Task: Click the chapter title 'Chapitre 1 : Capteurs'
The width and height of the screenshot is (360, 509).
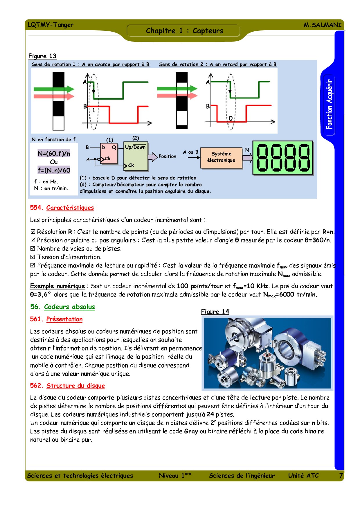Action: (x=184, y=31)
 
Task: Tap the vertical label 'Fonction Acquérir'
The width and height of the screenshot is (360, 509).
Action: (x=329, y=105)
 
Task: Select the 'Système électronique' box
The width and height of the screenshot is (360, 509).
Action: (x=221, y=157)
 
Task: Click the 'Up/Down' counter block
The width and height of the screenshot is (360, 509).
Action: (x=136, y=156)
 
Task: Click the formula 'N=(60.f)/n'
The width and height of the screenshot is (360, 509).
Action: (x=54, y=154)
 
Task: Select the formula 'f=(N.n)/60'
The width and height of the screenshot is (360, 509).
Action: (x=54, y=170)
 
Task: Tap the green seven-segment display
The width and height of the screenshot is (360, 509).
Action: (x=282, y=158)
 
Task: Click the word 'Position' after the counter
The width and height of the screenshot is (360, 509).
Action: (x=167, y=157)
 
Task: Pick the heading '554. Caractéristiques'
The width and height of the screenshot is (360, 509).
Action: (x=62, y=208)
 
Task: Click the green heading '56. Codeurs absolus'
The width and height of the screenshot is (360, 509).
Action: (x=62, y=307)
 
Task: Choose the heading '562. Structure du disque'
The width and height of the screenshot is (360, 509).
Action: (x=67, y=386)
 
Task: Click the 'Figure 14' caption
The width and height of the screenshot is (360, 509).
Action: (x=215, y=312)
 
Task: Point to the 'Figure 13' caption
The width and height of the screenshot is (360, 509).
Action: (x=42, y=56)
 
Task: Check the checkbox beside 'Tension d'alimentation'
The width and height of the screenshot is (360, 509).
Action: (x=33, y=257)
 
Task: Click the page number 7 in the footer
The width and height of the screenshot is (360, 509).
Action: (x=341, y=476)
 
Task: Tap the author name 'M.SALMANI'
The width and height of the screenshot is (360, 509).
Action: (x=323, y=25)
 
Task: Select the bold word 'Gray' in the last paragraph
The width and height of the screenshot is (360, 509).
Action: (x=191, y=431)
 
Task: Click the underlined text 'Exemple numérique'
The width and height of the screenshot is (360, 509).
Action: (x=57, y=286)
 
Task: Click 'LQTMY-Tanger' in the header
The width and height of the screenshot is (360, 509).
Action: (x=51, y=25)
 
